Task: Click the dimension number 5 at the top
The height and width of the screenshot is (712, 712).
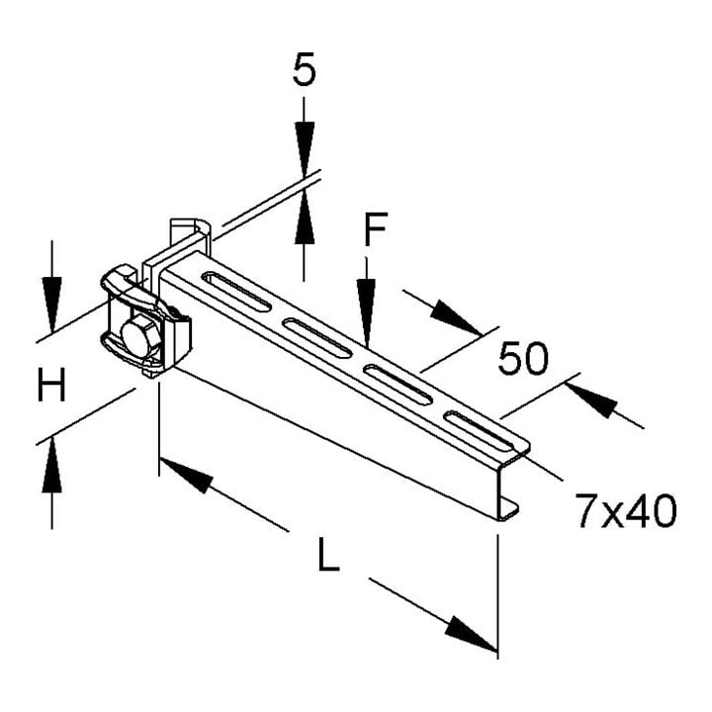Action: [304, 69]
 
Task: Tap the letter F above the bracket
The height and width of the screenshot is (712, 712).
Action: [376, 228]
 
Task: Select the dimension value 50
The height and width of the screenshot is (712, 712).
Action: [523, 359]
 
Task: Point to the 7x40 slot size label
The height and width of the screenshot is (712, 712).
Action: [626, 511]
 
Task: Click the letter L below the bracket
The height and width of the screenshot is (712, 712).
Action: [328, 554]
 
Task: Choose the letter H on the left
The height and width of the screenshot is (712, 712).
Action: [51, 385]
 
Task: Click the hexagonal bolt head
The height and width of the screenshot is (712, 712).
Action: [141, 336]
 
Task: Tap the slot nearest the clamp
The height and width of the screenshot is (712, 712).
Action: [236, 291]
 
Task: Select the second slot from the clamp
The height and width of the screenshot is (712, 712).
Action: [317, 338]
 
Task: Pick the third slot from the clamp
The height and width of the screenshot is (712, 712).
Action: [398, 384]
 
